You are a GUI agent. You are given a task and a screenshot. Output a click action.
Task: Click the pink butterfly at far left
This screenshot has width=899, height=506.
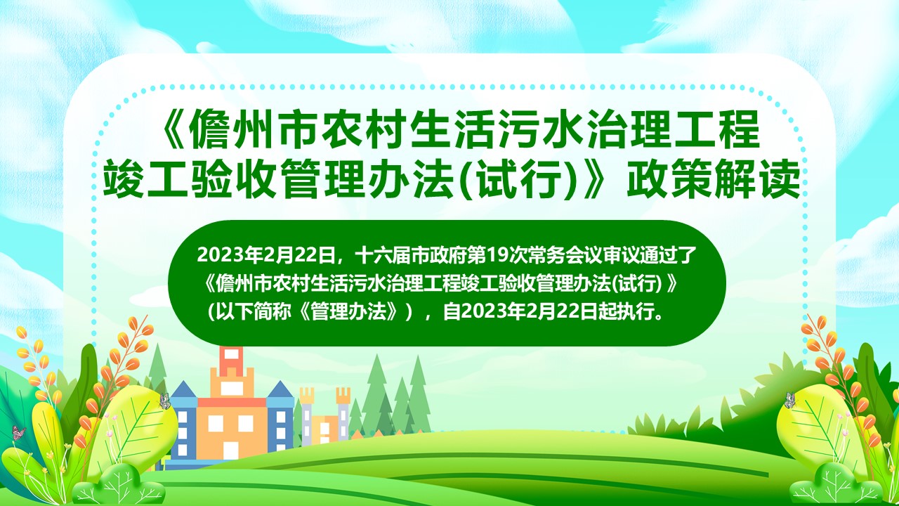(18, 432)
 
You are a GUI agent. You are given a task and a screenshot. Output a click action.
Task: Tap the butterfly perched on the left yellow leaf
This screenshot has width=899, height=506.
(164, 401)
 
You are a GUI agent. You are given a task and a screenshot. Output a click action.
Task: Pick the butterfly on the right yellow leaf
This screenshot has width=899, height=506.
(790, 400)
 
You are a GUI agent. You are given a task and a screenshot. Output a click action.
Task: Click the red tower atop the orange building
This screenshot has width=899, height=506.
(231, 358)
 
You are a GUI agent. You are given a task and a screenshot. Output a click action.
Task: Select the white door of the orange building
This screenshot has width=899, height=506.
(230, 450)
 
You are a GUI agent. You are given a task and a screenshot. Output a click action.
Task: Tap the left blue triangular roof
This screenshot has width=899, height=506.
(184, 389)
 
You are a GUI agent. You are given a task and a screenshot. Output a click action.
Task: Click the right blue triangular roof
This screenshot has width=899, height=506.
(280, 389)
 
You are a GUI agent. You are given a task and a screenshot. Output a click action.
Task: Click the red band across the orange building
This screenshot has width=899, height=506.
(232, 402)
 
